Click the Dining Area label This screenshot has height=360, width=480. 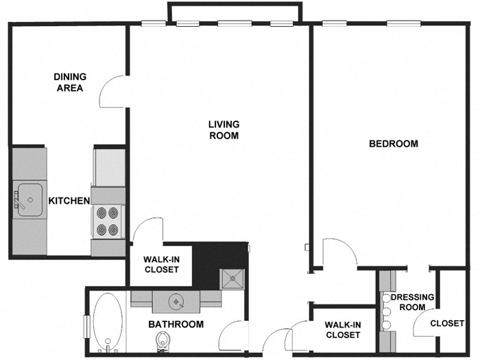69,82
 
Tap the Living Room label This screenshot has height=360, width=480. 224,130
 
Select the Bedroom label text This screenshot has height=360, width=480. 394,144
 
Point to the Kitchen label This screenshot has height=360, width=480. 69,201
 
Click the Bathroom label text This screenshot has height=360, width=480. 176,324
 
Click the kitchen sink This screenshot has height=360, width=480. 29,200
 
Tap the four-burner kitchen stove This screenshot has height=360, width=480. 107,222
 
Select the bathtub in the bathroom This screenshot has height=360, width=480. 107,323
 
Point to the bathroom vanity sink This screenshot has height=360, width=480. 178,300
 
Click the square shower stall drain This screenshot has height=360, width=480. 232,278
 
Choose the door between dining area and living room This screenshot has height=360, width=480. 112,92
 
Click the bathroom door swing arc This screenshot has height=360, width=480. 232,335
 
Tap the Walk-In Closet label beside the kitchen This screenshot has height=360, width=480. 160,265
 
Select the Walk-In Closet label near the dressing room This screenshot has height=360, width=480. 342,330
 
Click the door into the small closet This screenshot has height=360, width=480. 425,326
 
